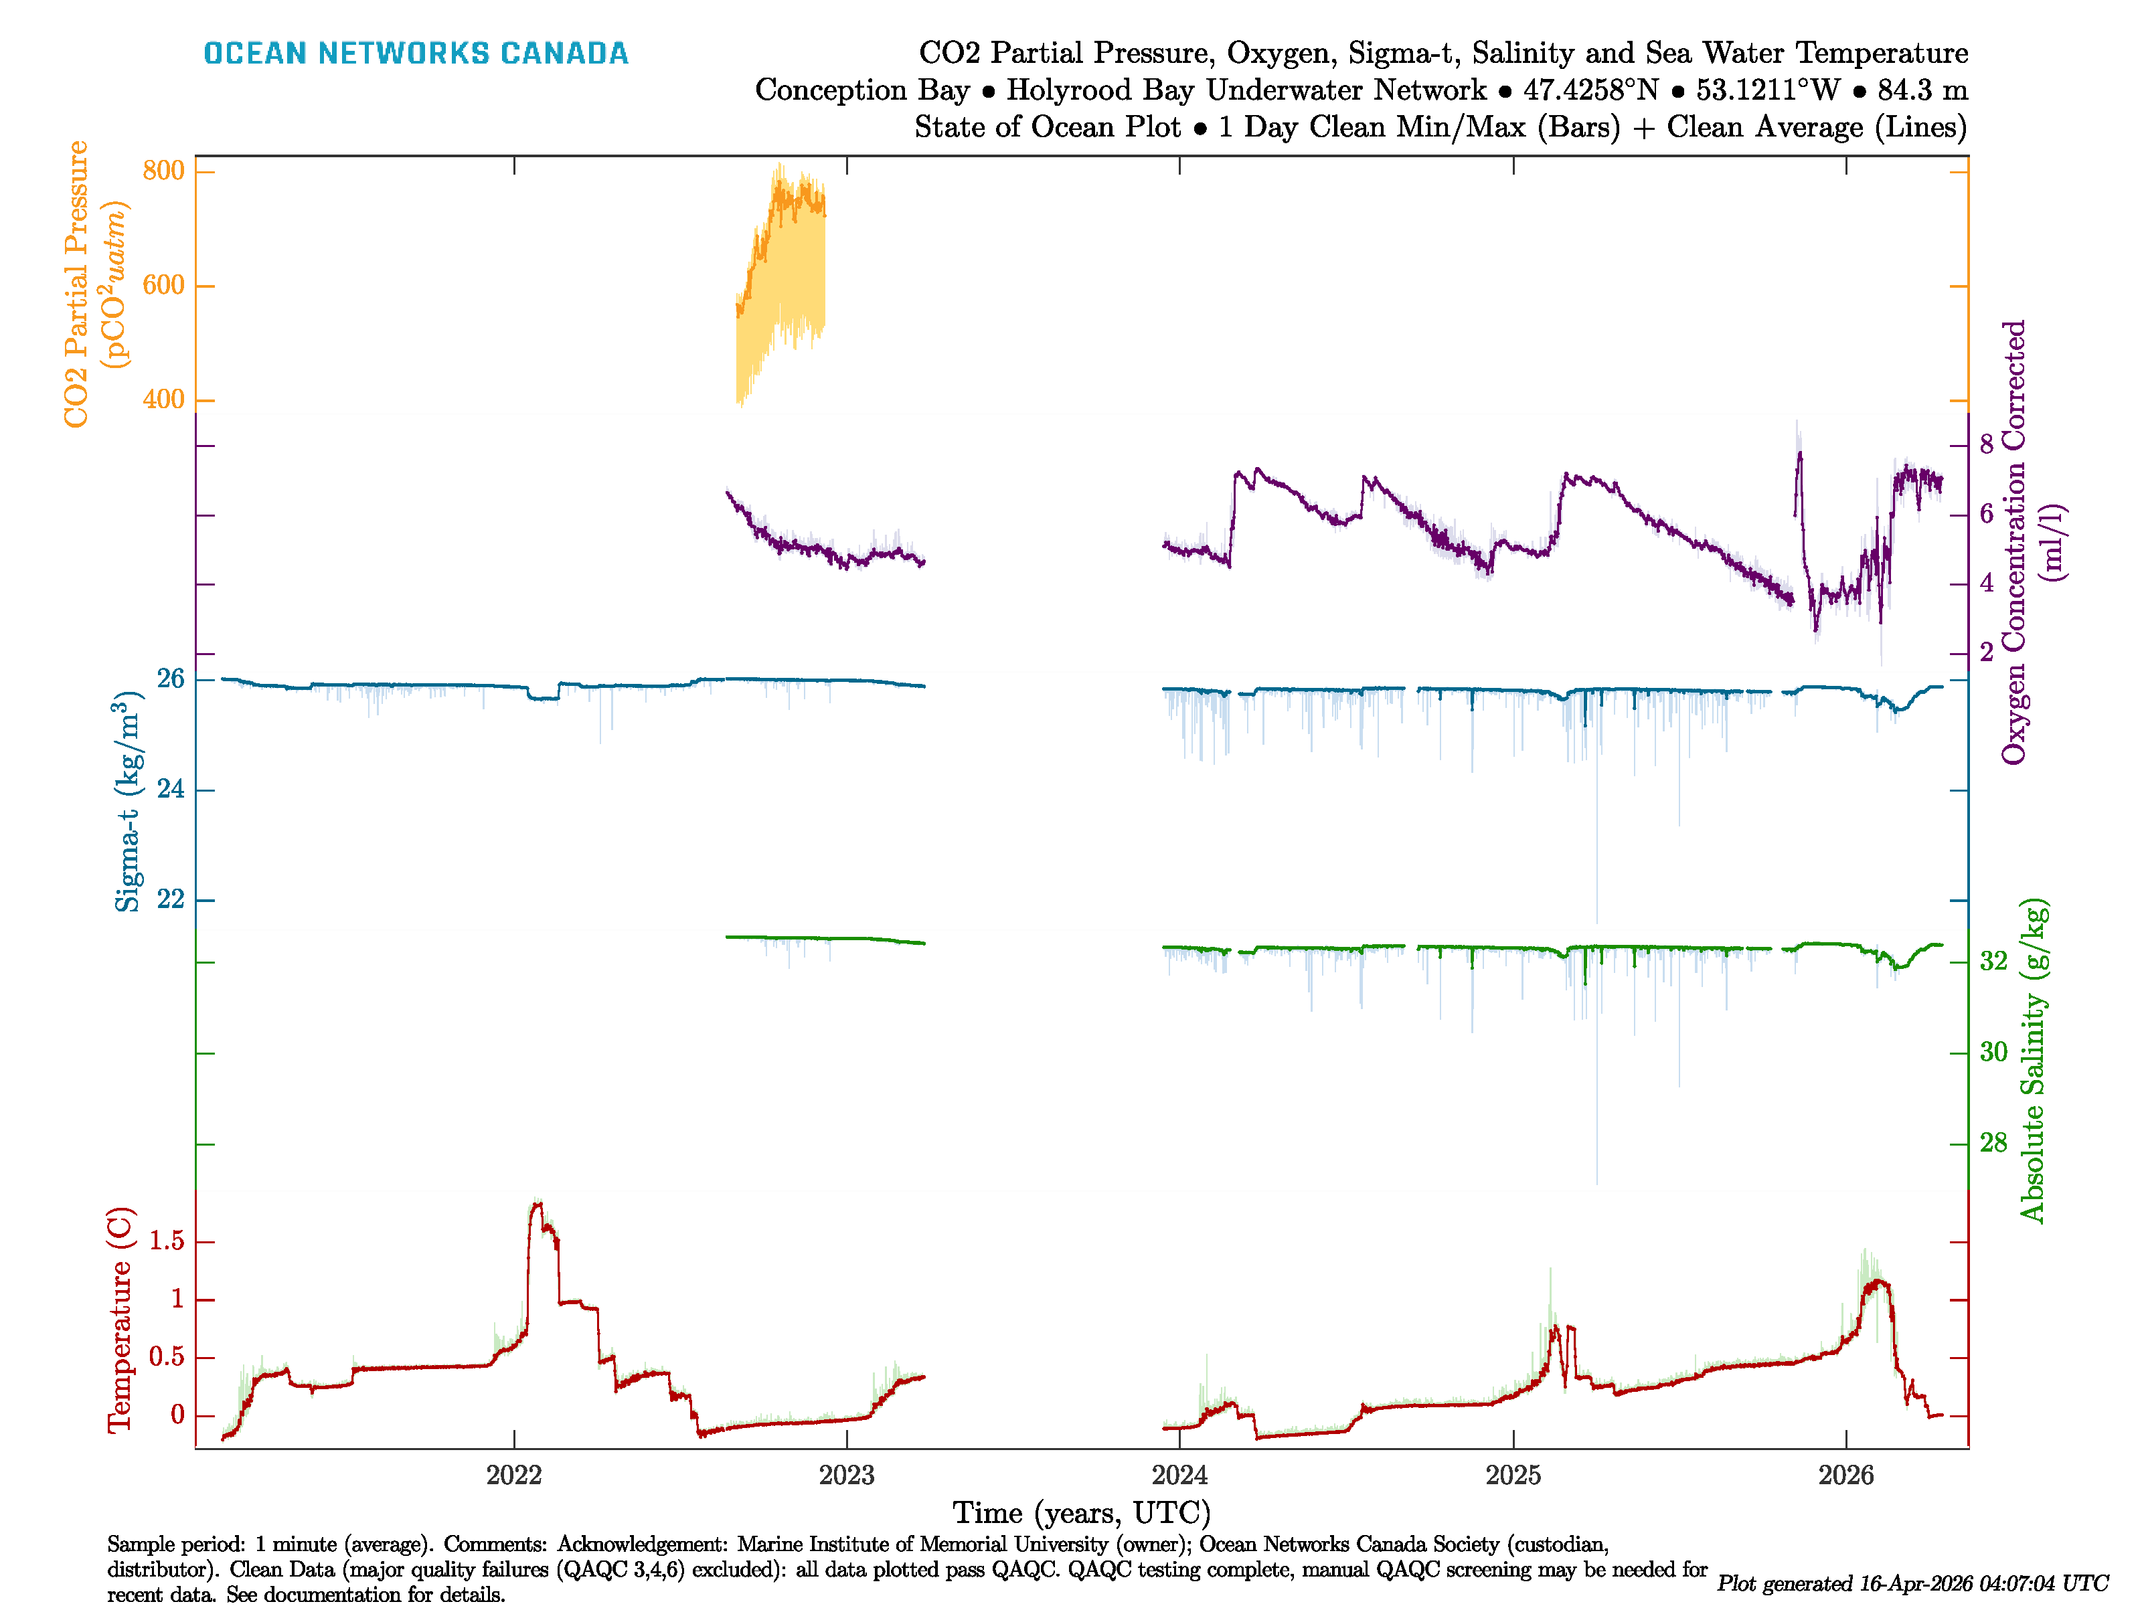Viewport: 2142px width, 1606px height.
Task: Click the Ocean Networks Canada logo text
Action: (x=416, y=54)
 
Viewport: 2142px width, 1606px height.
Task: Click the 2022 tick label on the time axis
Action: (x=513, y=1476)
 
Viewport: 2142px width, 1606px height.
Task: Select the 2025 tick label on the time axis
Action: (x=1513, y=1476)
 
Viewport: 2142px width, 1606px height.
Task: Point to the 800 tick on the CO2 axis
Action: (x=163, y=171)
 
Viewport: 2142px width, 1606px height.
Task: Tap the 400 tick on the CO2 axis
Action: (x=163, y=399)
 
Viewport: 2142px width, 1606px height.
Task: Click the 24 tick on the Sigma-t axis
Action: (x=171, y=790)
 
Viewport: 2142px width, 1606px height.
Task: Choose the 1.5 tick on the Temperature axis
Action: (x=167, y=1242)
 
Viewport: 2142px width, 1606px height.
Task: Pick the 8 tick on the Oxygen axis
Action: (x=1986, y=445)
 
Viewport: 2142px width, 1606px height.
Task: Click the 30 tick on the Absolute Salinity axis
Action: (x=1993, y=1053)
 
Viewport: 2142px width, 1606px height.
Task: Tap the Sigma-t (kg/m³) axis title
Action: (x=127, y=802)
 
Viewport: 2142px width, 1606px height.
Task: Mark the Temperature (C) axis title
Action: (x=119, y=1320)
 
